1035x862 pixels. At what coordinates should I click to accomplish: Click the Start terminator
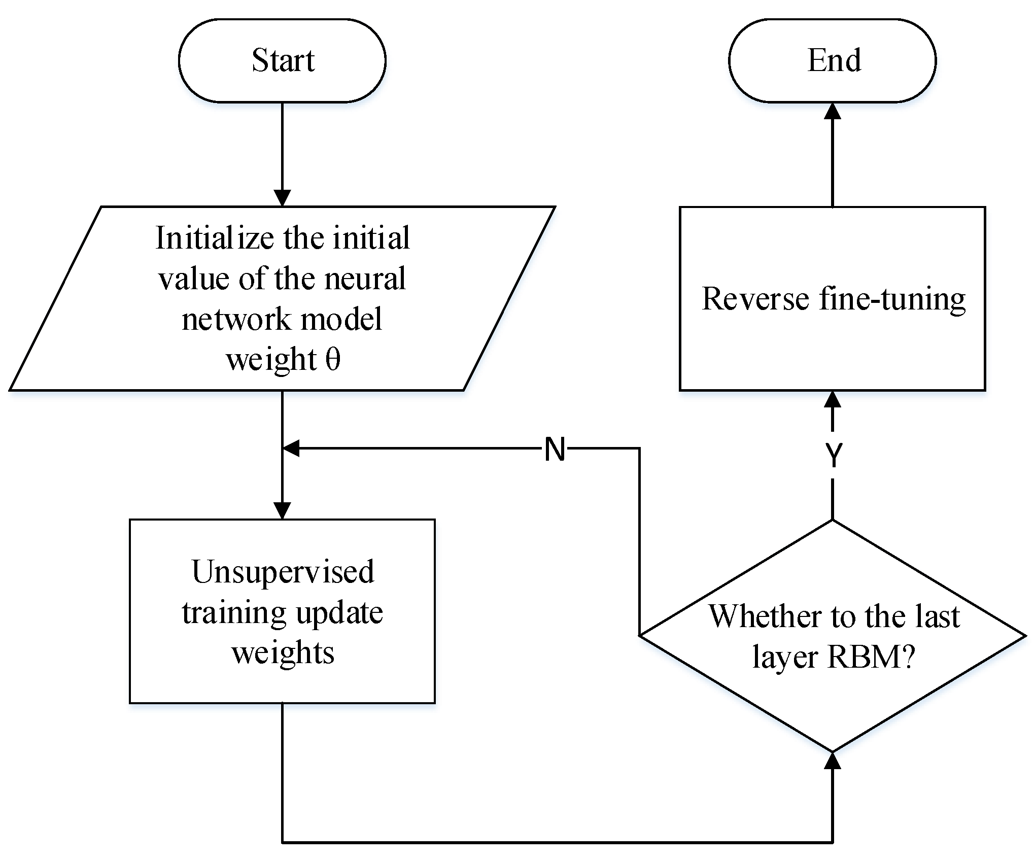point(282,60)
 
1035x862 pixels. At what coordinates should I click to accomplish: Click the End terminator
point(833,60)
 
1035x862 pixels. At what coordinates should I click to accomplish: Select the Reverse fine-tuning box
point(833,345)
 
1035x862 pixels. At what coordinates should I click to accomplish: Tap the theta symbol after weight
point(333,360)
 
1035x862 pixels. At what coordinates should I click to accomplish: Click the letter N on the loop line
point(555,449)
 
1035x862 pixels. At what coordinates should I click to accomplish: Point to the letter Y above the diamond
point(833,455)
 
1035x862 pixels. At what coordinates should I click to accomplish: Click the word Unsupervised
point(283,572)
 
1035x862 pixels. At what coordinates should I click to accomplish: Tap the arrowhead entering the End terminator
point(833,112)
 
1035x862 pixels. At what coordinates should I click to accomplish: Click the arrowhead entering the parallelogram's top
point(282,198)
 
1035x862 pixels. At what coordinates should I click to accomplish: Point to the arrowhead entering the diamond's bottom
point(833,760)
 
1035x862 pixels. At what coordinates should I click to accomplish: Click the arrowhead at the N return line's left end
point(291,449)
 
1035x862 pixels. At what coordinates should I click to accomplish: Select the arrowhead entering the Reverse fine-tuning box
point(833,400)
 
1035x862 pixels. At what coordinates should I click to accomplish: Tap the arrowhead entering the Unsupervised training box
point(282,510)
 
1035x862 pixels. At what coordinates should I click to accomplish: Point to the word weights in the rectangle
point(283,652)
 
